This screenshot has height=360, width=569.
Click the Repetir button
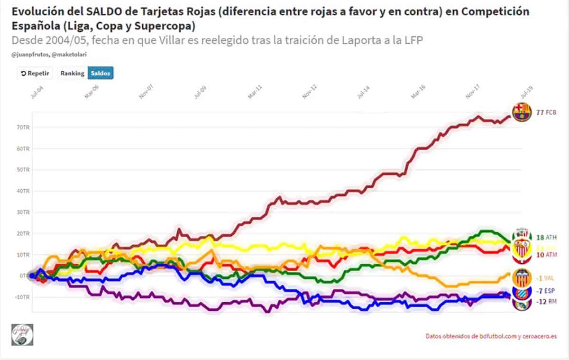(x=35, y=74)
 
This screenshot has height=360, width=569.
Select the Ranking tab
(x=72, y=74)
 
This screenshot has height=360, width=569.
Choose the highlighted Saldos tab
(x=100, y=74)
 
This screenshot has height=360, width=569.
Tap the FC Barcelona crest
(x=522, y=112)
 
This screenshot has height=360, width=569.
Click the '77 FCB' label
(x=546, y=112)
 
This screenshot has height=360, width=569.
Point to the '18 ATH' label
(x=547, y=237)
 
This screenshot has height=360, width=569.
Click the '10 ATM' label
(x=547, y=255)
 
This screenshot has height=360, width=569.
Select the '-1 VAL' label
(x=546, y=277)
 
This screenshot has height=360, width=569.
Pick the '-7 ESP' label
(x=546, y=291)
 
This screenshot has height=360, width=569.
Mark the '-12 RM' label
(x=546, y=302)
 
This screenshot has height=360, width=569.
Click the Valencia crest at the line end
(x=522, y=277)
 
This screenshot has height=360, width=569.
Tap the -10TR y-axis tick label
(x=22, y=297)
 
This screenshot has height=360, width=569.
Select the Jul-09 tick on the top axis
(x=199, y=92)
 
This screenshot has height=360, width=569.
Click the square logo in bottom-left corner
(x=22, y=335)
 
